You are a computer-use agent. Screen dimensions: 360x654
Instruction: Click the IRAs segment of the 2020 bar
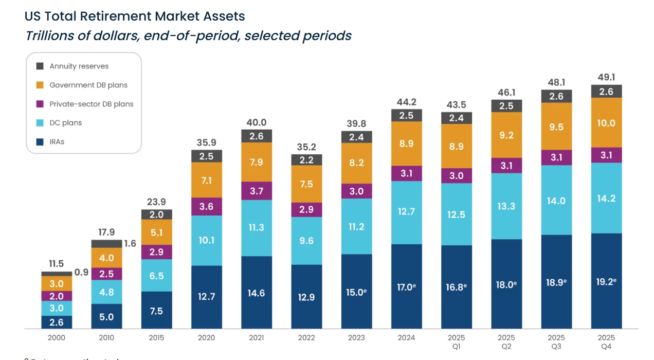coord(207,297)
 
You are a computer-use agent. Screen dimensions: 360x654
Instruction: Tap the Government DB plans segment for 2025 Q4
coord(606,123)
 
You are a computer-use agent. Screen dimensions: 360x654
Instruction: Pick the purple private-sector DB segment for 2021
coord(257,191)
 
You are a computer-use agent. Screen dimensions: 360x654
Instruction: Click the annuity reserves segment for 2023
coord(356,137)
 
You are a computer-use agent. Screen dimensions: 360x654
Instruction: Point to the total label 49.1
coord(606,77)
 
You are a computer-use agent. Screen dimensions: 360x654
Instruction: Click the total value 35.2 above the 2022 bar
coord(306,147)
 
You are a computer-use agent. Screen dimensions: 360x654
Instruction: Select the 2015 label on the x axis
coord(157,338)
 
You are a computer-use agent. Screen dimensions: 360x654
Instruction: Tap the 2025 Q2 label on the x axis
coord(506,342)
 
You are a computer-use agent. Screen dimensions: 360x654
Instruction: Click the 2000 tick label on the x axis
coord(57,338)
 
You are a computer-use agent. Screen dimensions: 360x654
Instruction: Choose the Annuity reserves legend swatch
coord(40,66)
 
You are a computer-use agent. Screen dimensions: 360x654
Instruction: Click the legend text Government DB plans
coord(88,85)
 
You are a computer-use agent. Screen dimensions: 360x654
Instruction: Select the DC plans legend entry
coord(65,123)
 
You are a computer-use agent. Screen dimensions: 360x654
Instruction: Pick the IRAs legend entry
coord(57,141)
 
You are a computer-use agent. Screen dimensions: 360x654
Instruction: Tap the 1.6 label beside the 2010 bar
coord(130,244)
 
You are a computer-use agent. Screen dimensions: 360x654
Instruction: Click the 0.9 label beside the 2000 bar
coord(81,273)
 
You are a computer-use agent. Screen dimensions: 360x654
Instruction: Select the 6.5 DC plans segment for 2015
coord(157,276)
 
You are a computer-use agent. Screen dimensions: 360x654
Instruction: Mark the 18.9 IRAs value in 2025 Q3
coord(556,283)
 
